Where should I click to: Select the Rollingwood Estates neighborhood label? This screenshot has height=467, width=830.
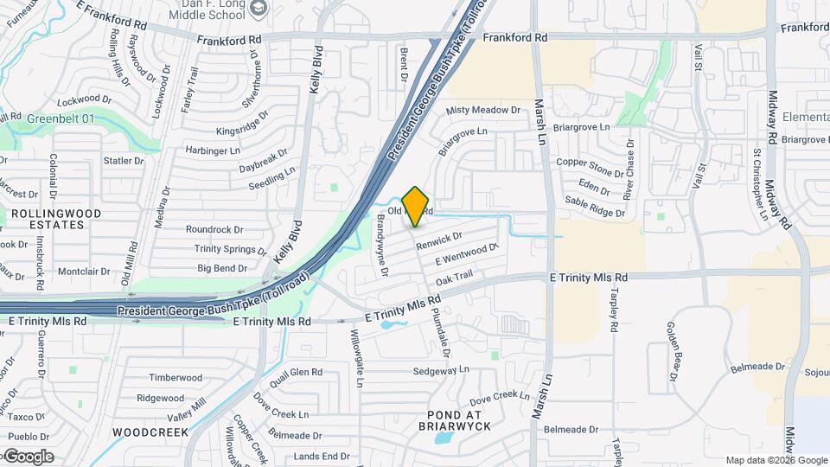55,219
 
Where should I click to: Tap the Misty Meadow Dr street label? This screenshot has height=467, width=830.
483,111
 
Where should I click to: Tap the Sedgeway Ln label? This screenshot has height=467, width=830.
440,369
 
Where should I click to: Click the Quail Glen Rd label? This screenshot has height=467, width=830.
296,373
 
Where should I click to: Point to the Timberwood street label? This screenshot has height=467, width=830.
176,378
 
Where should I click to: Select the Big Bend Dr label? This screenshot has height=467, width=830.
222,268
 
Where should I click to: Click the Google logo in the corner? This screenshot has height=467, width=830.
28,457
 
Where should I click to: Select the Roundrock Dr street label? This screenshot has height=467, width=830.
215,230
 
